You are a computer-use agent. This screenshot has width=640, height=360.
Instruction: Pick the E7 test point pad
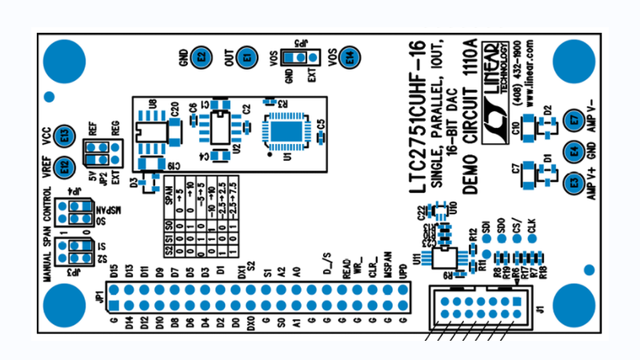point(574,120)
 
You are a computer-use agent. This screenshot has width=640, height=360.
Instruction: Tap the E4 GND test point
point(574,151)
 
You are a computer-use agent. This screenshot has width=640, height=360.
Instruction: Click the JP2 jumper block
point(104,152)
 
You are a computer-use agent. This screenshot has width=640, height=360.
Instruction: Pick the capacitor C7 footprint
point(529,175)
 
